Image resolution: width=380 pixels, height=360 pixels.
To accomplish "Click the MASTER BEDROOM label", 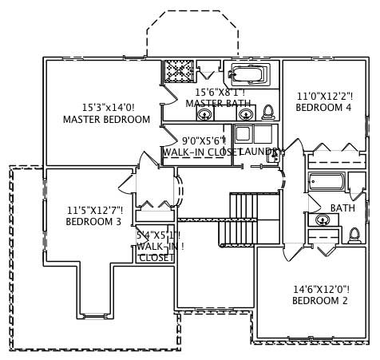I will point(106,120).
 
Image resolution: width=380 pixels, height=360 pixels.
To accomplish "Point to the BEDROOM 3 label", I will point(93,222).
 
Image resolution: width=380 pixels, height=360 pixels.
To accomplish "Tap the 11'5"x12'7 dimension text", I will point(94,210).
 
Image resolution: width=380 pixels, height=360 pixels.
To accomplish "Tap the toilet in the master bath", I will point(268,112).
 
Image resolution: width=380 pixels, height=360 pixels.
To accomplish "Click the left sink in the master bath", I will point(205,115).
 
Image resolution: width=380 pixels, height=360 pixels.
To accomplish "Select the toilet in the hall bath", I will point(354,235).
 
